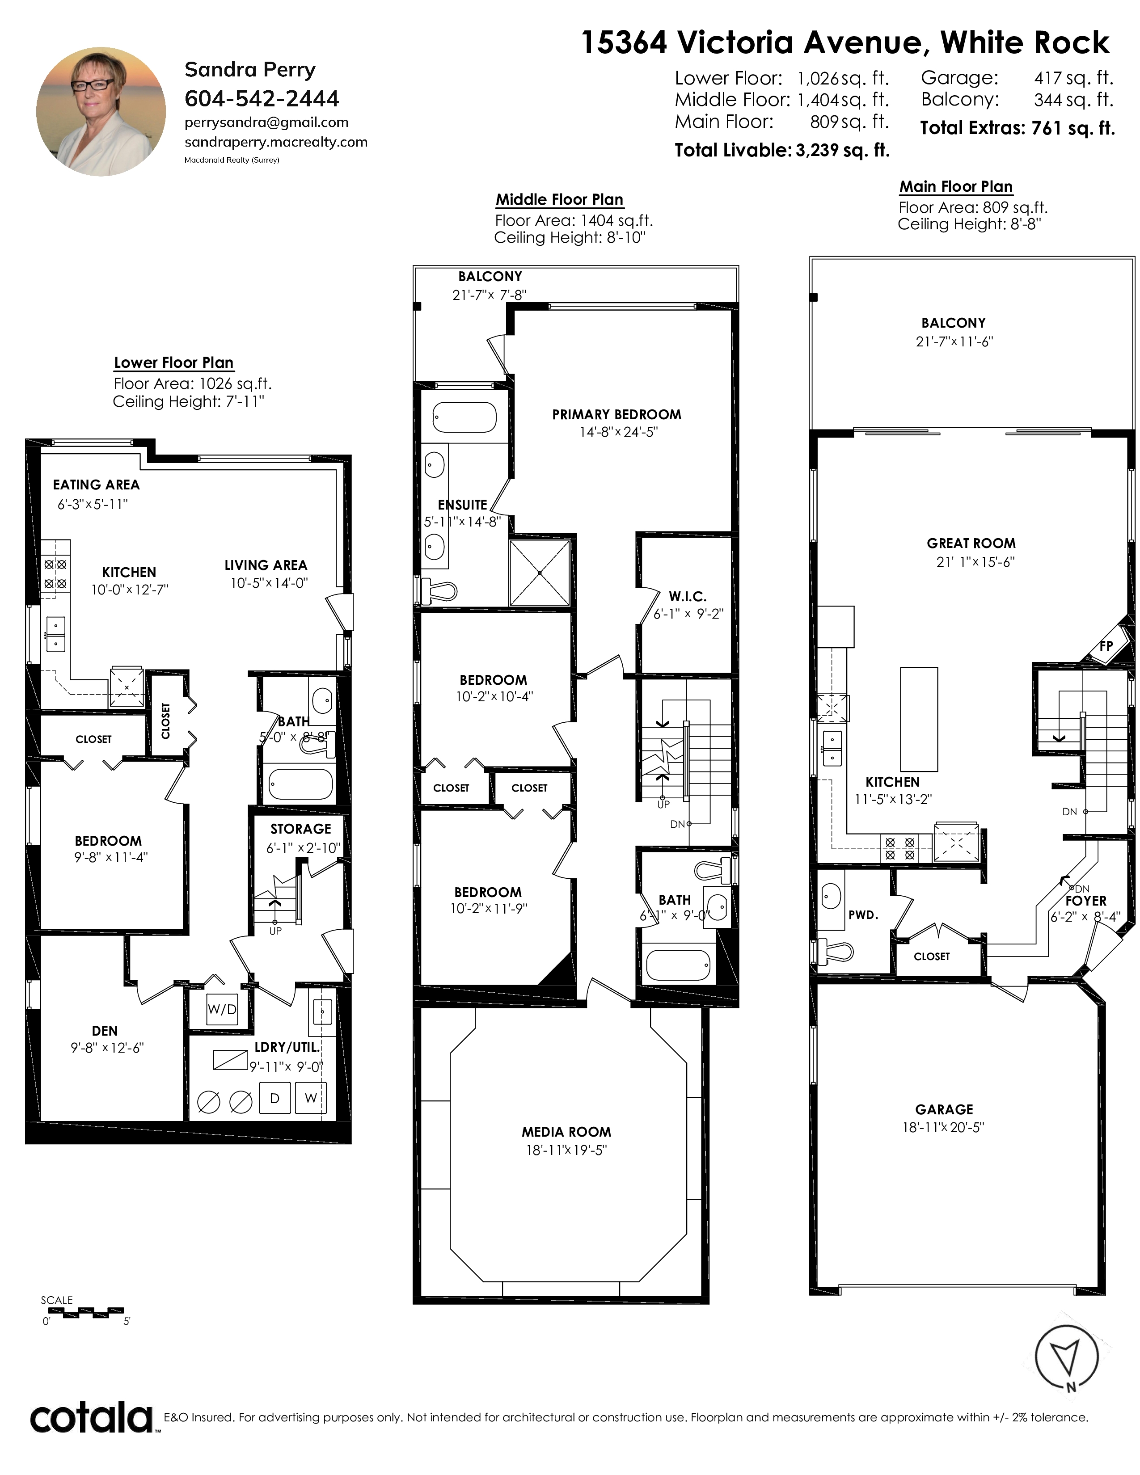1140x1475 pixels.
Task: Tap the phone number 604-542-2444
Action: click(262, 99)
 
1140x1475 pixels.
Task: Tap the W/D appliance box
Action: click(222, 1009)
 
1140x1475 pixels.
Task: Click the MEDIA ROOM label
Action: click(566, 1132)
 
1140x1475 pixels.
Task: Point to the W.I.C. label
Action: click(688, 596)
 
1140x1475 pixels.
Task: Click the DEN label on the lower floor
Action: click(105, 1031)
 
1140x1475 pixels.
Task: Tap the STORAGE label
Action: click(300, 829)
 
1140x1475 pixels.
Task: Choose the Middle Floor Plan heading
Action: click(559, 199)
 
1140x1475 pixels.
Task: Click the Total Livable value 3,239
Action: click(817, 150)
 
